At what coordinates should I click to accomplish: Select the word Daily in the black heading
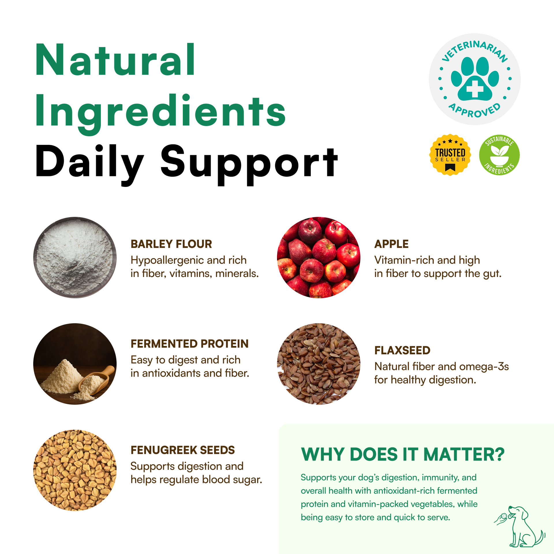[x=89, y=163]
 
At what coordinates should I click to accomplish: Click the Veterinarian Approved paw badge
[x=475, y=79]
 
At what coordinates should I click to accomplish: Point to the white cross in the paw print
[x=475, y=88]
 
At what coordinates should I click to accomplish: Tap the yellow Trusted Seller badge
[x=450, y=155]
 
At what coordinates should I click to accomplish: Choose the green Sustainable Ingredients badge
[x=499, y=155]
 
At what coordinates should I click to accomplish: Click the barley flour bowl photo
[x=75, y=257]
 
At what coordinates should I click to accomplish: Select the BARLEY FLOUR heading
[x=171, y=244]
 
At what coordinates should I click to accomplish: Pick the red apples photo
[x=319, y=257]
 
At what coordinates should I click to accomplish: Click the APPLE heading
[x=391, y=244]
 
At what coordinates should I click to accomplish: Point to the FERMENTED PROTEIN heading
[x=190, y=344]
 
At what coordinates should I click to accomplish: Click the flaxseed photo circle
[x=319, y=364]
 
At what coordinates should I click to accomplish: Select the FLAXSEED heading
[x=402, y=350]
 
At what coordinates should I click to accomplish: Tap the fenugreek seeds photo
[x=75, y=470]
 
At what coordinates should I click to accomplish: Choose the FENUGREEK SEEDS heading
[x=183, y=450]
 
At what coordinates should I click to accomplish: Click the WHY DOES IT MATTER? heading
[x=403, y=455]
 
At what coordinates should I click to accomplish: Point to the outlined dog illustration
[x=519, y=527]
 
